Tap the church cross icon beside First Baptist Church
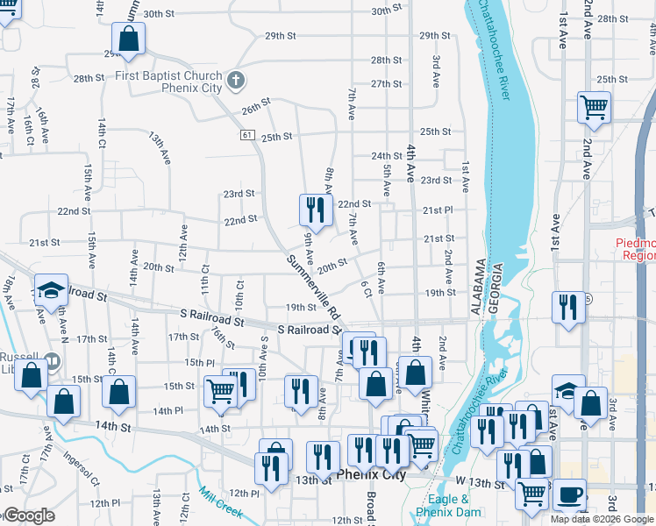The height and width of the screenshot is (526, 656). tap(234, 82)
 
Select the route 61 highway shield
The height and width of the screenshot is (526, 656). tap(248, 134)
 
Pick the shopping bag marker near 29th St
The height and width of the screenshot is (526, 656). tap(128, 39)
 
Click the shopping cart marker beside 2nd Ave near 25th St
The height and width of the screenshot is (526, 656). tap(594, 108)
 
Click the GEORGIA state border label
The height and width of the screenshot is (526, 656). tap(497, 288)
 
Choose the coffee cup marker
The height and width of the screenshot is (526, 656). tap(569, 494)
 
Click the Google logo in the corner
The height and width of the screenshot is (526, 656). tap(28, 515)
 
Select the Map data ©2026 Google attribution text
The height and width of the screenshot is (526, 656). tap(601, 519)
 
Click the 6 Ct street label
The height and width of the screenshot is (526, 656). tap(367, 289)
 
